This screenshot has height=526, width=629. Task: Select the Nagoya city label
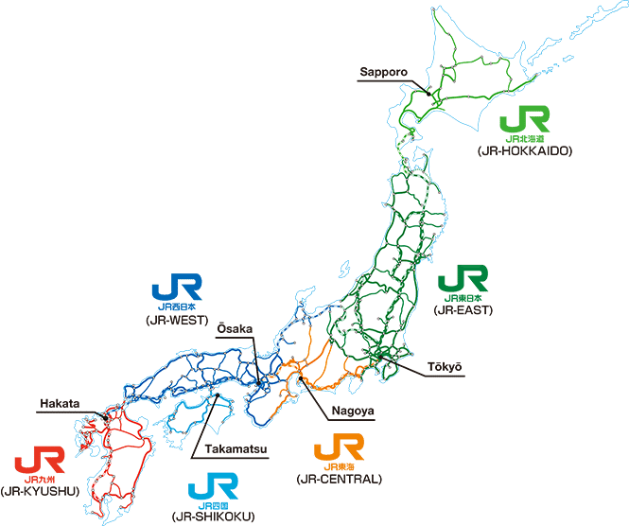coord(354,412)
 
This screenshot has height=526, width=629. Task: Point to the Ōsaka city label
coord(235,328)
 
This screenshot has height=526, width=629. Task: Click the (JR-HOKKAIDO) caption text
coord(527,150)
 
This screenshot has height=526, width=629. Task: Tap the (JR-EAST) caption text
coord(463,309)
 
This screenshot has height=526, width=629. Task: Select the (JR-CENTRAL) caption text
coord(339,479)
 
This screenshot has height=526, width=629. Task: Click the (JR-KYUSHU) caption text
coord(40,491)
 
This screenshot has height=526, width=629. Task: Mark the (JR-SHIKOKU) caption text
coord(213,517)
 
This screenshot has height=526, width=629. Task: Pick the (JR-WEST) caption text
coord(177,319)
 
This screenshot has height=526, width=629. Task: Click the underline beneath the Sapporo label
coord(388,81)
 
